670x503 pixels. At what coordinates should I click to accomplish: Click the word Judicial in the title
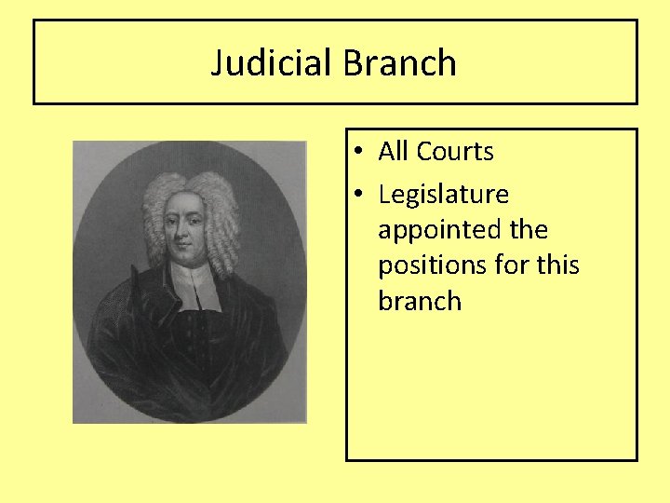pos(272,63)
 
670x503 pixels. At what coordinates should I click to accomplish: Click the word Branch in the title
pos(400,63)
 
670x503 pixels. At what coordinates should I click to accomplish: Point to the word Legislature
pos(444,195)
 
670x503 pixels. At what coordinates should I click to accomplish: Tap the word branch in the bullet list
pos(420,301)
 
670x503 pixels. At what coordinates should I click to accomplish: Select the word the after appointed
pos(529,230)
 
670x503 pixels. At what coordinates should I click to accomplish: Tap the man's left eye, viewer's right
pos(197,220)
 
